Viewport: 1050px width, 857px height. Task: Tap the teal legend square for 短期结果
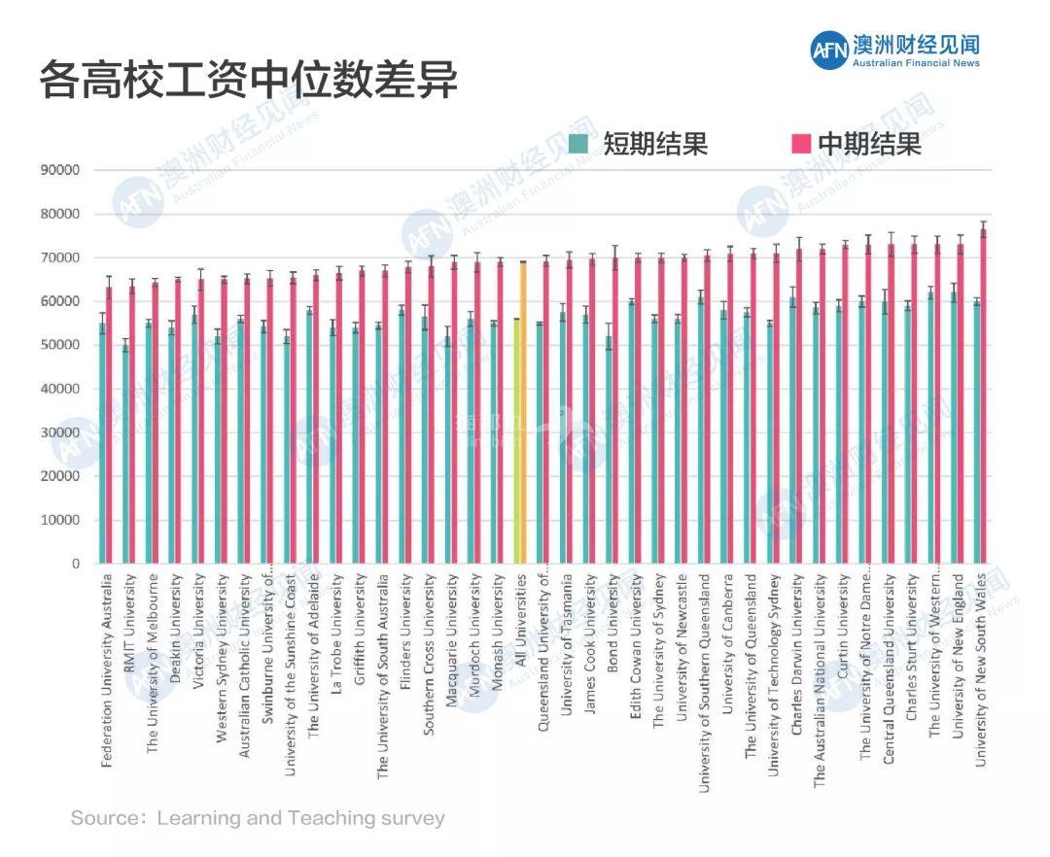579,144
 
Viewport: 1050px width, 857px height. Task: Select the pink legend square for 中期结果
801,144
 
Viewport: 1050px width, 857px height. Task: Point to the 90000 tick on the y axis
60,170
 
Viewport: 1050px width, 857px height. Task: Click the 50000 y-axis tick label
60,345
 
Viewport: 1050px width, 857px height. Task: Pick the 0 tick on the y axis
75,564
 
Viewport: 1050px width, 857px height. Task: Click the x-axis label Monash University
497,632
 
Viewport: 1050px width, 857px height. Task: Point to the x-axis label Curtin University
844,628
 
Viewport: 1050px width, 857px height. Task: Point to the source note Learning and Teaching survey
258,818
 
